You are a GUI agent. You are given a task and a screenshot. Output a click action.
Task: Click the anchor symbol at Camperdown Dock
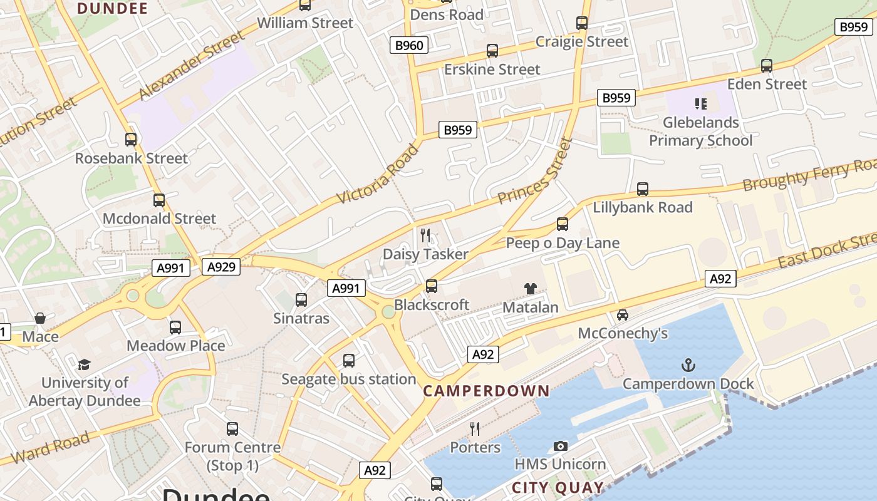coord(688,364)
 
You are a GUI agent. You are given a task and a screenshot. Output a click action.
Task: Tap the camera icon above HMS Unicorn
coord(561,446)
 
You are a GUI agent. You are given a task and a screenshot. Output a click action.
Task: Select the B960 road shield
coord(410,45)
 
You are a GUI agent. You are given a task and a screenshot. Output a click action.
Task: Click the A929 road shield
coord(221,267)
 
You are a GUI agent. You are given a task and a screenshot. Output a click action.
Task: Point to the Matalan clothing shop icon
coord(531,288)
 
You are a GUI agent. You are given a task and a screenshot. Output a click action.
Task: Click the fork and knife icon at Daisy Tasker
coord(425,235)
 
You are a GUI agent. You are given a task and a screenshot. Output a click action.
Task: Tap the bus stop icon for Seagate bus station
coord(349,360)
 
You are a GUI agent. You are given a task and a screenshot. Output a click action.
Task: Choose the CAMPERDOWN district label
coord(486,391)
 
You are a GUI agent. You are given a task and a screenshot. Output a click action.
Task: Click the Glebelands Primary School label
coord(700,131)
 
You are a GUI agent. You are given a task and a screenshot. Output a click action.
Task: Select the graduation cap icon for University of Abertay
coord(84,364)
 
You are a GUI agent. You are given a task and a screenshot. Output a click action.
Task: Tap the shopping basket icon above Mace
coord(40,318)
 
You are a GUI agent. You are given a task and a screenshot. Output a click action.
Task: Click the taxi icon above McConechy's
coord(623,314)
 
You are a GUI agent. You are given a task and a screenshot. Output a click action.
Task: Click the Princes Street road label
coord(536,171)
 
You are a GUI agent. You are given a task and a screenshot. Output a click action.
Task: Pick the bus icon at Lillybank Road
coord(642,189)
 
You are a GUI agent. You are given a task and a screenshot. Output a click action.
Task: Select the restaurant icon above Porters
coord(475,428)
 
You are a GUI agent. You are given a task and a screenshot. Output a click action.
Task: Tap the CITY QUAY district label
coord(558,488)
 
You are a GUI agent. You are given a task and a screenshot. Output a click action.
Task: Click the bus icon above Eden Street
coord(766,65)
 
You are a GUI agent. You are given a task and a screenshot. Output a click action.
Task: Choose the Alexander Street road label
coord(191,66)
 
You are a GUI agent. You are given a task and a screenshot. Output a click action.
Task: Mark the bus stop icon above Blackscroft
coord(431,286)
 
